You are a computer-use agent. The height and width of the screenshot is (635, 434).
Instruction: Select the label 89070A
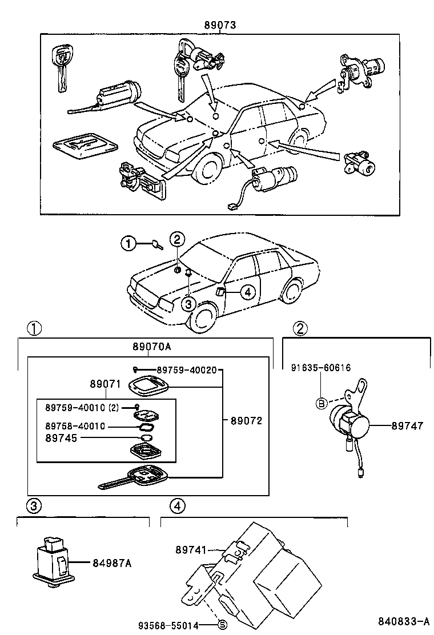coord(152,347)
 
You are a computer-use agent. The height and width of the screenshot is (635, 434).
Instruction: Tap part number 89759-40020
coord(186,370)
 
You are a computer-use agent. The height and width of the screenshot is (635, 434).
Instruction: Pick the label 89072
coord(246,421)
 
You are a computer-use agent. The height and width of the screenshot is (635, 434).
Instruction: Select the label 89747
coord(407,425)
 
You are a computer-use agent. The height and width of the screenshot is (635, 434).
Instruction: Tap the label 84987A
coord(112,564)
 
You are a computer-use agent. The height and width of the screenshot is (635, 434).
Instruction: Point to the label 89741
coord(190,549)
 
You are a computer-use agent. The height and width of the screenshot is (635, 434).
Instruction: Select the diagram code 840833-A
coord(403,621)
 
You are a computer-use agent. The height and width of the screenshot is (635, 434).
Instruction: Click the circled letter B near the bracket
coord(321,404)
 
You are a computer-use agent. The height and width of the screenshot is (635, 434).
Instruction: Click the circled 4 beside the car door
coord(246,292)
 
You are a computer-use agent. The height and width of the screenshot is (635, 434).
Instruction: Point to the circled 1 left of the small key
coord(128,244)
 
